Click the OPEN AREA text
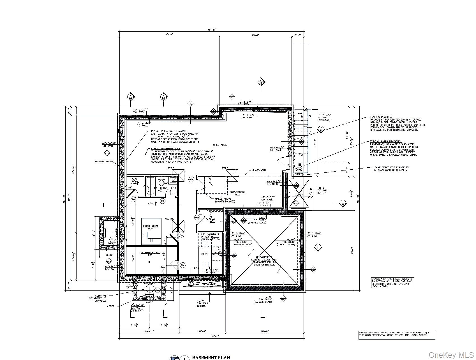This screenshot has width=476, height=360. point(220,145)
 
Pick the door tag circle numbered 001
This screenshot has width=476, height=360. point(182,265)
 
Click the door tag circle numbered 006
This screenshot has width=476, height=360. point(133,199)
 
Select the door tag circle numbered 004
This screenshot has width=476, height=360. point(191,179)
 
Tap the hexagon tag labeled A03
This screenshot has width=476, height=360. point(299,170)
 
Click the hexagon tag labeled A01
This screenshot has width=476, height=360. point(112,240)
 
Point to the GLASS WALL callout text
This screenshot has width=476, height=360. point(259,170)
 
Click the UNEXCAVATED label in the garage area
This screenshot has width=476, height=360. point(264,257)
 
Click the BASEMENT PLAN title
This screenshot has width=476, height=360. point(211,357)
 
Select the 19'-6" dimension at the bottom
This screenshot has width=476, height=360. point(264,331)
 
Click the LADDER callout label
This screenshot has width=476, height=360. point(110,306)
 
